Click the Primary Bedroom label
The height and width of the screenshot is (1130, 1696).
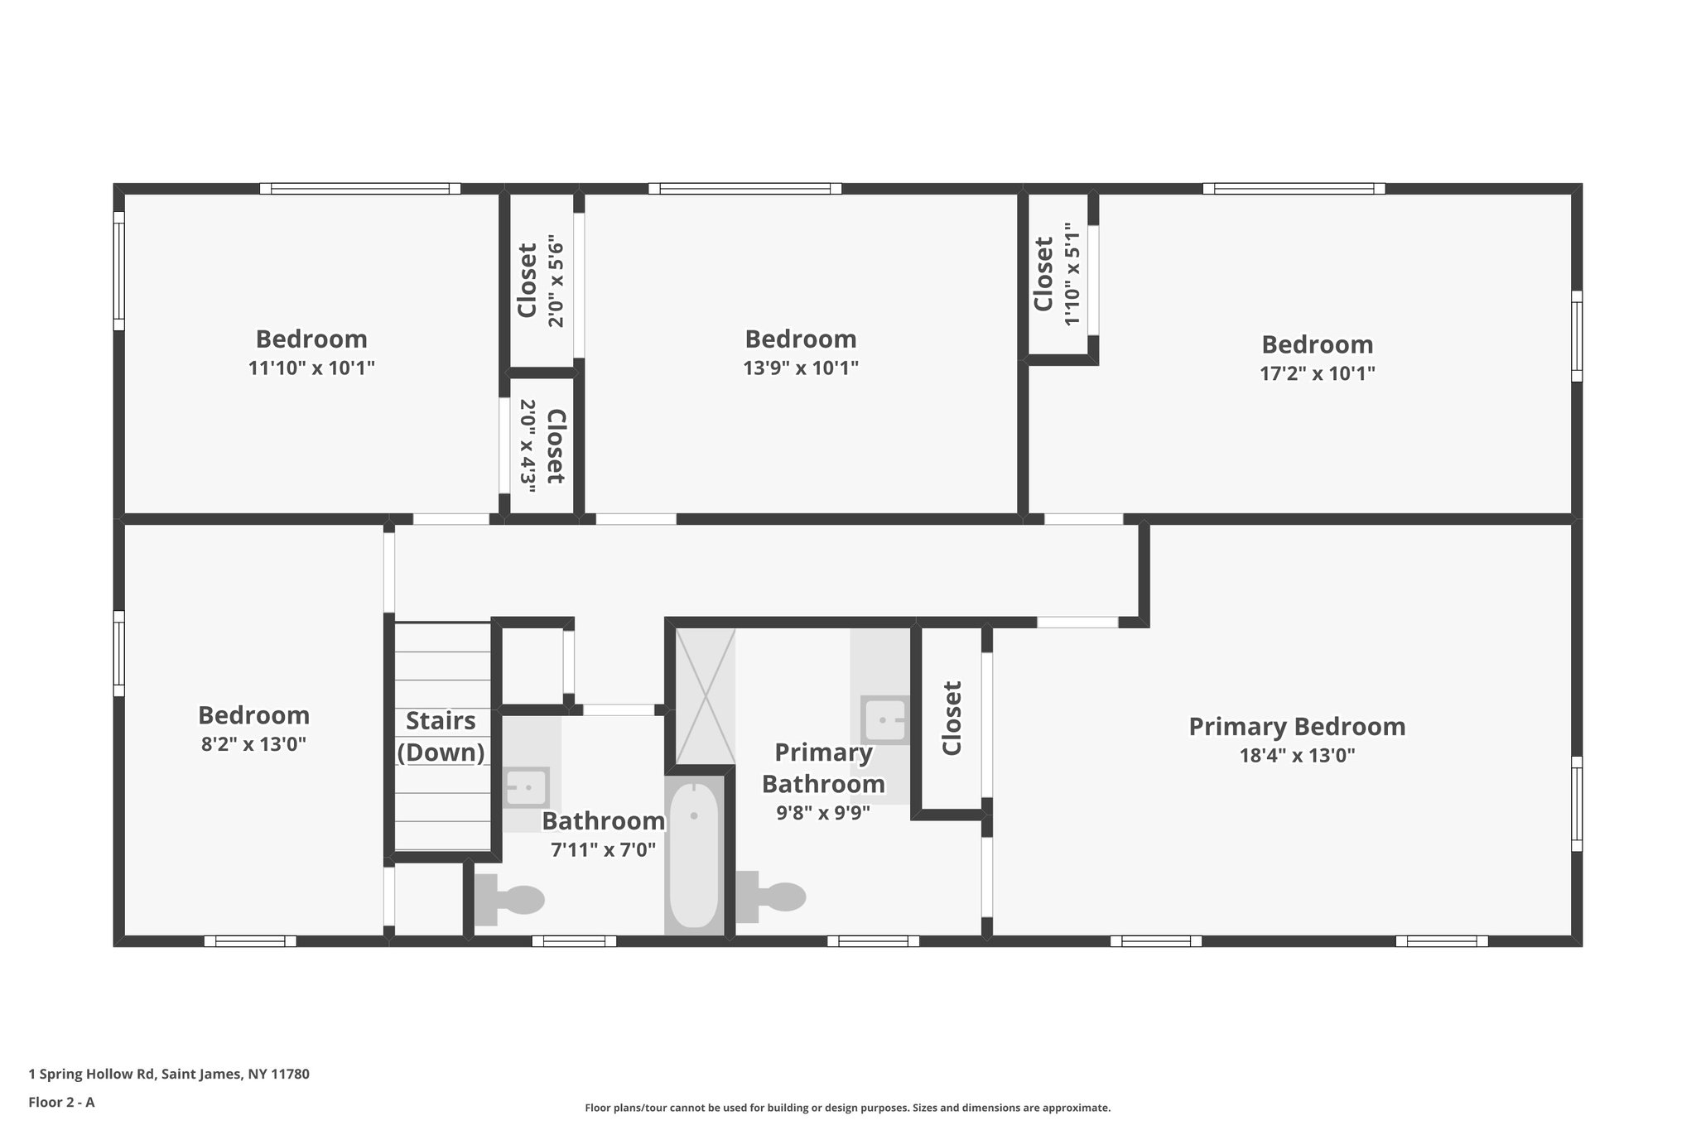(x=1297, y=727)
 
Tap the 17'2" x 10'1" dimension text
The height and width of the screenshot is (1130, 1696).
(x=1317, y=373)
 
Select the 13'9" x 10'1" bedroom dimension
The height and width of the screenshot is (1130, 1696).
(x=800, y=368)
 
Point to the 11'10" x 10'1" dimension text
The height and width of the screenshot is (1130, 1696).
(x=311, y=368)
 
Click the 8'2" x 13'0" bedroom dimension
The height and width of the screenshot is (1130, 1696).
(x=253, y=743)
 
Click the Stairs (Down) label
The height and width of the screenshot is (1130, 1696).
(x=441, y=736)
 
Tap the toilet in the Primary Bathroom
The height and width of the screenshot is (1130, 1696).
(x=772, y=897)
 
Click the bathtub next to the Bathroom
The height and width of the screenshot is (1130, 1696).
(x=694, y=855)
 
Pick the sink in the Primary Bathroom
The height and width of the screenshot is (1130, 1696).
(x=884, y=720)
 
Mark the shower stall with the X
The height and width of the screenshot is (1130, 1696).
(x=705, y=696)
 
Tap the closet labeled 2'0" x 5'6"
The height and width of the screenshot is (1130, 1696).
(x=540, y=281)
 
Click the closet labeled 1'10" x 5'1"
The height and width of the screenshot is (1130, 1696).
(x=1057, y=275)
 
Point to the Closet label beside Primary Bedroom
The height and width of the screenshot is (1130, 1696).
(x=952, y=718)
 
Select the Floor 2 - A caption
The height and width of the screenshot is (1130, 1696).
(x=61, y=1102)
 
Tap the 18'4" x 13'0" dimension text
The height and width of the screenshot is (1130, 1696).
(x=1297, y=755)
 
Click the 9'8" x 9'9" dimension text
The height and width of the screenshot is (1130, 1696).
(x=822, y=813)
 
